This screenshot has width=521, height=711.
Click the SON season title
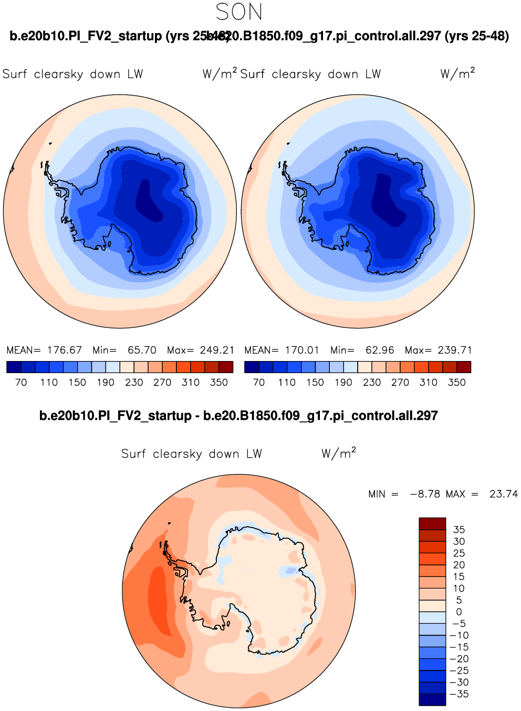pyautogui.click(x=239, y=12)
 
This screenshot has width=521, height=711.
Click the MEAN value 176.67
pyautogui.click(x=65, y=350)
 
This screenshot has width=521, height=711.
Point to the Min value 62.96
pyautogui.click(x=380, y=350)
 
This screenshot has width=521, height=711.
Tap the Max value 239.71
pyautogui.click(x=454, y=350)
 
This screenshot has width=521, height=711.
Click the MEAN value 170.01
pyautogui.click(x=302, y=350)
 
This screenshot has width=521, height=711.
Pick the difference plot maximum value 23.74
pyautogui.click(x=503, y=494)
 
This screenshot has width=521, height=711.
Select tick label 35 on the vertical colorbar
pyautogui.click(x=459, y=530)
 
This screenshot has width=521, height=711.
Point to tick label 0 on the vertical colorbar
pyautogui.click(x=459, y=612)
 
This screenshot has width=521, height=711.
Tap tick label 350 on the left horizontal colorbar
pyautogui.click(x=219, y=383)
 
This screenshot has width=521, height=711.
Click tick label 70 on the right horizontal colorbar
pyautogui.click(x=259, y=383)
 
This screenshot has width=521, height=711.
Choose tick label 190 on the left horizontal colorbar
pyautogui.click(x=106, y=383)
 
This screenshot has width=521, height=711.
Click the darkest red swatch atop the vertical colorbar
pyautogui.click(x=432, y=523)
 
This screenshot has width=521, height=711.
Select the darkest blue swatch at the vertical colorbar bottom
pyautogui.click(x=432, y=700)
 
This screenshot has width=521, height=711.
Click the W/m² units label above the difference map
pyautogui.click(x=339, y=453)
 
